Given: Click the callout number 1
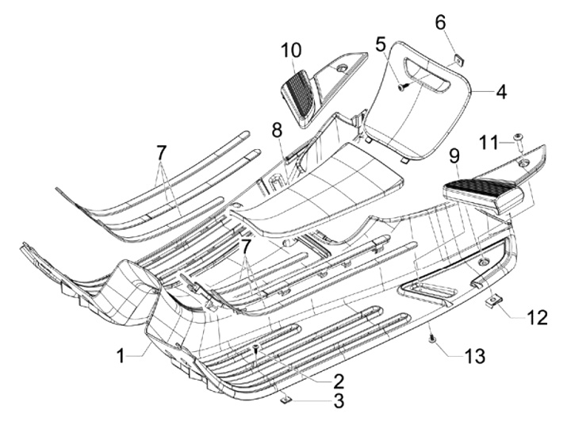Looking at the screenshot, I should [x=121, y=356].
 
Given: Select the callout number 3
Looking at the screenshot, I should [x=338, y=401].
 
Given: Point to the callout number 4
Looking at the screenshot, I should [x=500, y=92].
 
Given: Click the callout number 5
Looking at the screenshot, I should [x=381, y=44].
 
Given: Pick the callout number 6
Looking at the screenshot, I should [x=440, y=23].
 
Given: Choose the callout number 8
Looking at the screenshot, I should [x=276, y=128].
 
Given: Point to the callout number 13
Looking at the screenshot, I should [x=474, y=358].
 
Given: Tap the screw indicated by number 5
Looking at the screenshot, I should [x=402, y=86].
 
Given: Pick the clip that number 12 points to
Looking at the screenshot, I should [x=494, y=301].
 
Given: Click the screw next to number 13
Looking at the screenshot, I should [x=432, y=339].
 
